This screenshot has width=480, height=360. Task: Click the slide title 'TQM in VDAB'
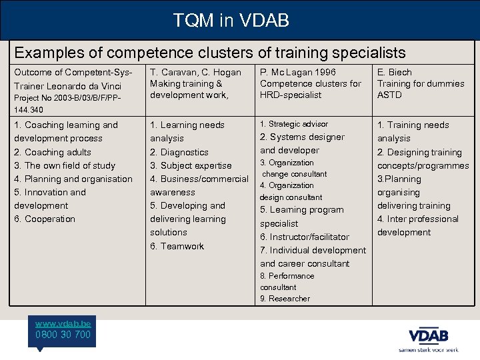click(231, 21)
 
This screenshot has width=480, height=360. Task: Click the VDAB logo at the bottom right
click(428, 335)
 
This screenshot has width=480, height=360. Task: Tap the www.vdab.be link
click(63, 323)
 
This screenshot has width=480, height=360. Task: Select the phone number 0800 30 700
click(63, 334)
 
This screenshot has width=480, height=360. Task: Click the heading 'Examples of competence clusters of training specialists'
click(210, 52)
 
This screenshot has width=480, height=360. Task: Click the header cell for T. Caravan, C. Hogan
click(195, 72)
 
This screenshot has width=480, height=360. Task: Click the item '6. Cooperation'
click(45, 219)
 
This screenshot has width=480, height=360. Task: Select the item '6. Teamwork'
click(177, 246)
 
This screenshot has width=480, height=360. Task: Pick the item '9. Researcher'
click(285, 299)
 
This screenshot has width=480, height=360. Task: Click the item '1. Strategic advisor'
click(294, 124)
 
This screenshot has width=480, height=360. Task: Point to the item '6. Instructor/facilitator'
click(305, 237)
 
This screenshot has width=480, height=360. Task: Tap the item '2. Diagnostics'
click(179, 152)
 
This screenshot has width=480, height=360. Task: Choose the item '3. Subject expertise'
click(191, 165)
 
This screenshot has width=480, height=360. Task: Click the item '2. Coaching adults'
click(53, 152)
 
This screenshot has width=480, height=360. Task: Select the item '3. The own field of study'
click(65, 165)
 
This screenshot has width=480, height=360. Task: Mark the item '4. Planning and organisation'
click(73, 179)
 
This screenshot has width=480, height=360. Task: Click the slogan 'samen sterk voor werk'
click(429, 349)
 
